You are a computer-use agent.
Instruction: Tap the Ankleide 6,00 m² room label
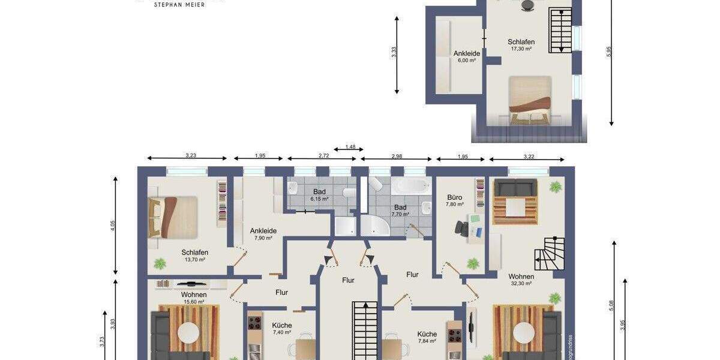[466, 56]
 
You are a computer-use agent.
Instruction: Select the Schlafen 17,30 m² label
[521, 45]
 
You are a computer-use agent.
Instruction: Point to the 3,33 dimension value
[394, 52]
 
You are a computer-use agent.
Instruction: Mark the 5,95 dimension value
[610, 52]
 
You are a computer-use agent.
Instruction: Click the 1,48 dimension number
[350, 147]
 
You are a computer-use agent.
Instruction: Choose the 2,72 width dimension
[323, 156]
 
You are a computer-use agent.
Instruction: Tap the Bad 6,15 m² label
[319, 194]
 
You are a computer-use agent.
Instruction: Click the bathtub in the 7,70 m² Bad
[411, 186]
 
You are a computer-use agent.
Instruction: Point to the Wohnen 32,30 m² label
[521, 280]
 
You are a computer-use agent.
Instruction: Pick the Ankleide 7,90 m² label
[263, 233]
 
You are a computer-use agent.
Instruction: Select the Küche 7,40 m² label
[281, 328]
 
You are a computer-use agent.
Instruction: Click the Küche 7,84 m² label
[427, 337]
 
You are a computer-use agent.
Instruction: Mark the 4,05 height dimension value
[113, 226]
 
